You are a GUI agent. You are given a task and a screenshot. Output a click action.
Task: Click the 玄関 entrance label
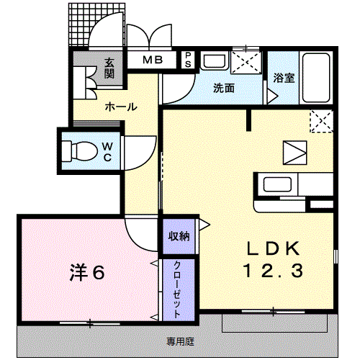click(109, 68)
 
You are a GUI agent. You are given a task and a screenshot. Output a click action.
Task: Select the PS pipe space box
click(187, 59)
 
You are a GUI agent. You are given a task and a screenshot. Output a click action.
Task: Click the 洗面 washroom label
click(222, 89)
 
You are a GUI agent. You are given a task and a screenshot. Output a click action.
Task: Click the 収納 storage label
click(179, 235)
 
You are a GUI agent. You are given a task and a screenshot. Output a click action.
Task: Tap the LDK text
click(274, 249)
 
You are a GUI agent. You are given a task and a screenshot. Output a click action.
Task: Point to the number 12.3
click(274, 272)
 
